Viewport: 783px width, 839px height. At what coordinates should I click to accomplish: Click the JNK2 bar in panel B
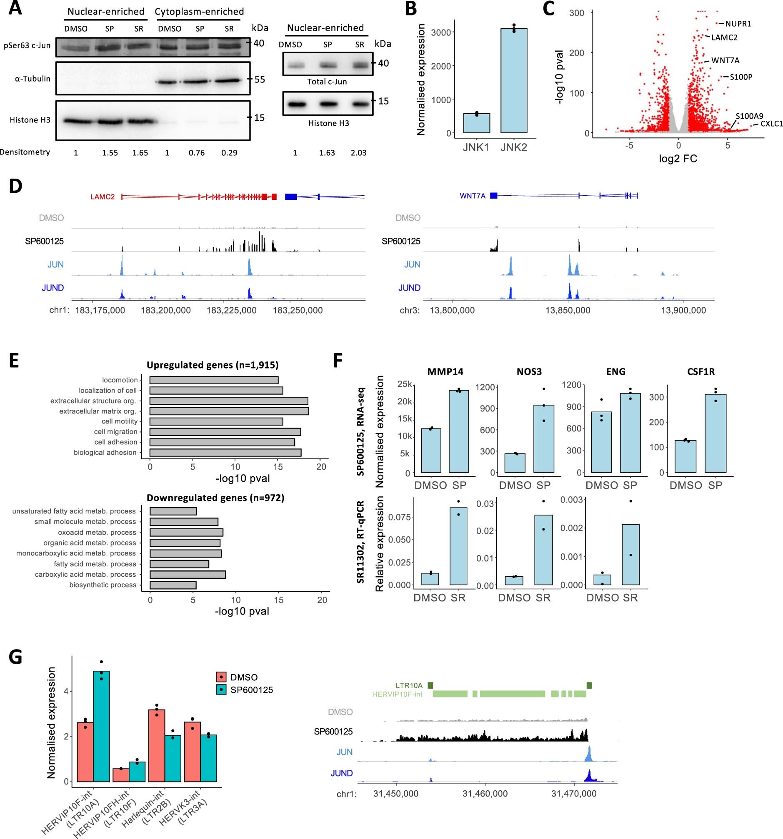513,80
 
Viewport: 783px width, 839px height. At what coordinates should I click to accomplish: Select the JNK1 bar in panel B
476,123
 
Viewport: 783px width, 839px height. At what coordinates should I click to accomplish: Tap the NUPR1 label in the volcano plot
738,24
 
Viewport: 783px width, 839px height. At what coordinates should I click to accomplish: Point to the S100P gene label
741,77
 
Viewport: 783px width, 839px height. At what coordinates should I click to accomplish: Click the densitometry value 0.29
229,152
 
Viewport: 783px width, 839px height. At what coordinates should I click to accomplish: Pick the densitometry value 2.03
358,152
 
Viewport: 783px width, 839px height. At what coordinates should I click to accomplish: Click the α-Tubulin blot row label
33,79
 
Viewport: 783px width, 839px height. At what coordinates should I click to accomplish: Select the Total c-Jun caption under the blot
327,82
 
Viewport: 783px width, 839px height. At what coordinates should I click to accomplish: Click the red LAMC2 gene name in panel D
103,197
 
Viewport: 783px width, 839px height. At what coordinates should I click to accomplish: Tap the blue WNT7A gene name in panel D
473,196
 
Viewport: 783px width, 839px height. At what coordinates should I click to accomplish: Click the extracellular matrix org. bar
229,411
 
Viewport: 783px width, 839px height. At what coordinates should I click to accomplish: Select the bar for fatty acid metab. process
180,564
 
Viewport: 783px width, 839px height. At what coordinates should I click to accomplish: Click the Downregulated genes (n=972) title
215,498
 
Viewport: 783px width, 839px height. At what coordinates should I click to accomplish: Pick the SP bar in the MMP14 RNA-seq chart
459,431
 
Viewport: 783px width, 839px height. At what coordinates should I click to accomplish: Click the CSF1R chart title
700,371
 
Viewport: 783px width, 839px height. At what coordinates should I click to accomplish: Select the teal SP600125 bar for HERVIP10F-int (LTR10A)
101,726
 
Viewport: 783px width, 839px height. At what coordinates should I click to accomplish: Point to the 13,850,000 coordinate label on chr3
568,310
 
